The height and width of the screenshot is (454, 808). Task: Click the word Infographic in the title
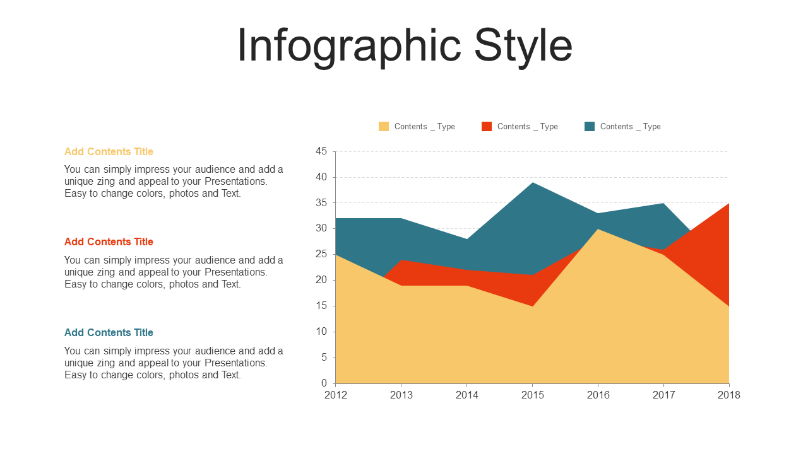point(349,45)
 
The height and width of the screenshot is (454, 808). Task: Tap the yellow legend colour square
point(384,126)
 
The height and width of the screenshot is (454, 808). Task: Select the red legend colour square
point(487,126)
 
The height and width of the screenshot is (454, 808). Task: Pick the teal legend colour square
point(590,126)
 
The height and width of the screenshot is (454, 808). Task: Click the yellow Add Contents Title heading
point(109,151)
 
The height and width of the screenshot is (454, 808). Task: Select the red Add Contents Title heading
point(109,242)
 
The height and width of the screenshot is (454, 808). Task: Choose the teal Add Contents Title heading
point(109,332)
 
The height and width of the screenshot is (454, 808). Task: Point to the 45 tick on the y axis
point(321,151)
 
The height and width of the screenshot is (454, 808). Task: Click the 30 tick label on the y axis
point(321,228)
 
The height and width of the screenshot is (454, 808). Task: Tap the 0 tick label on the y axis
point(324,383)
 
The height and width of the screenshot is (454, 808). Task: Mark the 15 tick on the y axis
point(321,306)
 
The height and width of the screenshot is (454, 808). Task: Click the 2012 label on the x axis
point(336,395)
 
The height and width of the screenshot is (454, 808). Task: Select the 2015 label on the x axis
point(532,395)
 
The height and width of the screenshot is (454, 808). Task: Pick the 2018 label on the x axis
point(728,395)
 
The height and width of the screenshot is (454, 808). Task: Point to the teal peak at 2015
point(532,183)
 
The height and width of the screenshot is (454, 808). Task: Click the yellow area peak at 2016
point(598,230)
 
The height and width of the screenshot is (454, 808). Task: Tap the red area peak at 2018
point(728,204)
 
